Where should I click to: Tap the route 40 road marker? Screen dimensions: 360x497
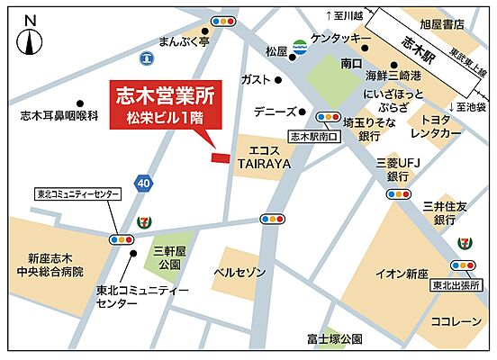(x=143, y=183)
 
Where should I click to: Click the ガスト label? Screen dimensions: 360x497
(x=257, y=80)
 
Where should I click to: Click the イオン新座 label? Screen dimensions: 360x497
(x=402, y=274)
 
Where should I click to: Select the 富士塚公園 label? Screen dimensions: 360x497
(x=334, y=339)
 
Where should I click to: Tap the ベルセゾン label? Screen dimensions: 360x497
(x=239, y=272)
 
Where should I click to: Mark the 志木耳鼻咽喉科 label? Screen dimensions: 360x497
(x=59, y=115)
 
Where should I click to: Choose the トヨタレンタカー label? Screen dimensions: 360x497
(x=435, y=126)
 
